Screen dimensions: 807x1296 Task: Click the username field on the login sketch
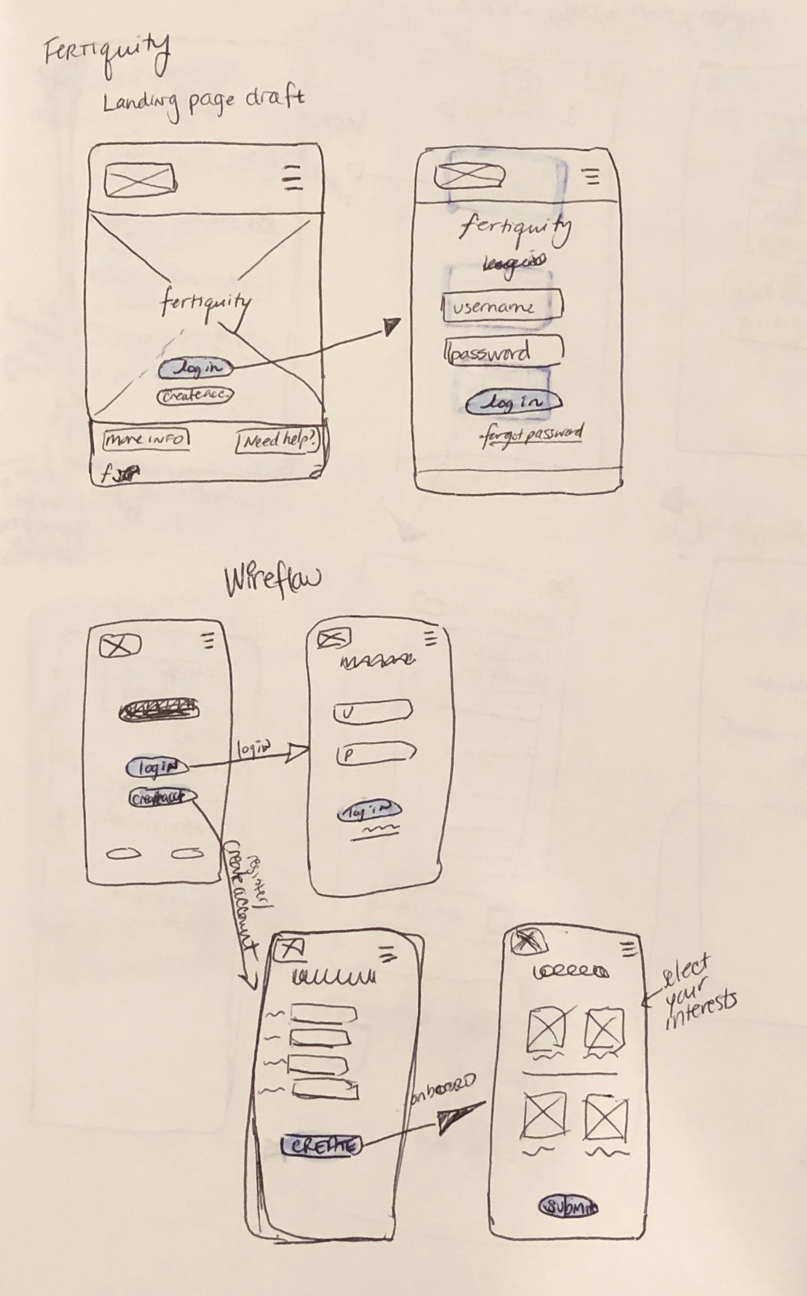(502, 306)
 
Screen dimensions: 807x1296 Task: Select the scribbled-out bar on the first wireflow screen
(159, 710)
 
